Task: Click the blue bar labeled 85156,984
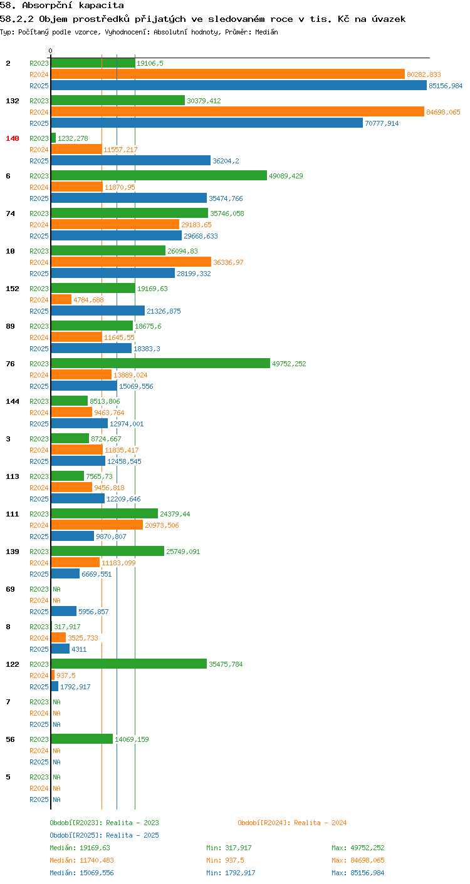pos(239,85)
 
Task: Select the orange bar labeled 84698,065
pos(238,111)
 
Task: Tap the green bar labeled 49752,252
pos(161,364)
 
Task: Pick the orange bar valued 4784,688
pos(61,299)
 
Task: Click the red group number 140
pos(13,138)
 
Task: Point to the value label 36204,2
pos(226,161)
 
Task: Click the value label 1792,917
pos(75,687)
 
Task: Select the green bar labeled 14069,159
pos(82,739)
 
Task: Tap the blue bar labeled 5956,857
pos(64,611)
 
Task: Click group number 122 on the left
pos(13,664)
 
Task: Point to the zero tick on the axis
pos(51,51)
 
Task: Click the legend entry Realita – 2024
pos(292,823)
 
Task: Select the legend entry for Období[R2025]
pos(104,835)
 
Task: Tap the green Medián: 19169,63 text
pos(80,848)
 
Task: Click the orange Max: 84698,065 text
pos(358,860)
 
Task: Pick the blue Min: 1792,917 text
pos(231,873)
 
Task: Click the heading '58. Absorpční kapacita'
pos(62,6)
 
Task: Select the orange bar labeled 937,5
pos(53,676)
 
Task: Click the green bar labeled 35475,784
pos(129,664)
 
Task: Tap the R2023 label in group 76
pos(39,364)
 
